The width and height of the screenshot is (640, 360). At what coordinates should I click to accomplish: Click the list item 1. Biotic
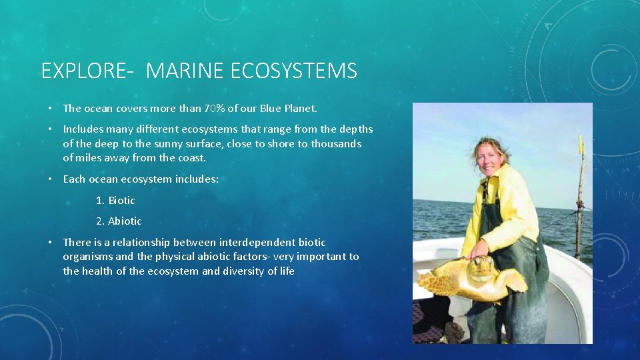pos(115,200)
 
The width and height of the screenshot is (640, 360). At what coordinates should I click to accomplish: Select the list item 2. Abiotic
pos(119,221)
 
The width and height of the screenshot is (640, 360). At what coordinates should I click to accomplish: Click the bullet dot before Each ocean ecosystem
pos(50,179)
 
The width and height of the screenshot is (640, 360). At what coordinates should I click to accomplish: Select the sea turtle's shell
pos(445,280)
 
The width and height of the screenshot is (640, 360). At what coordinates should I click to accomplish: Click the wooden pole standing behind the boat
pos(579,200)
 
